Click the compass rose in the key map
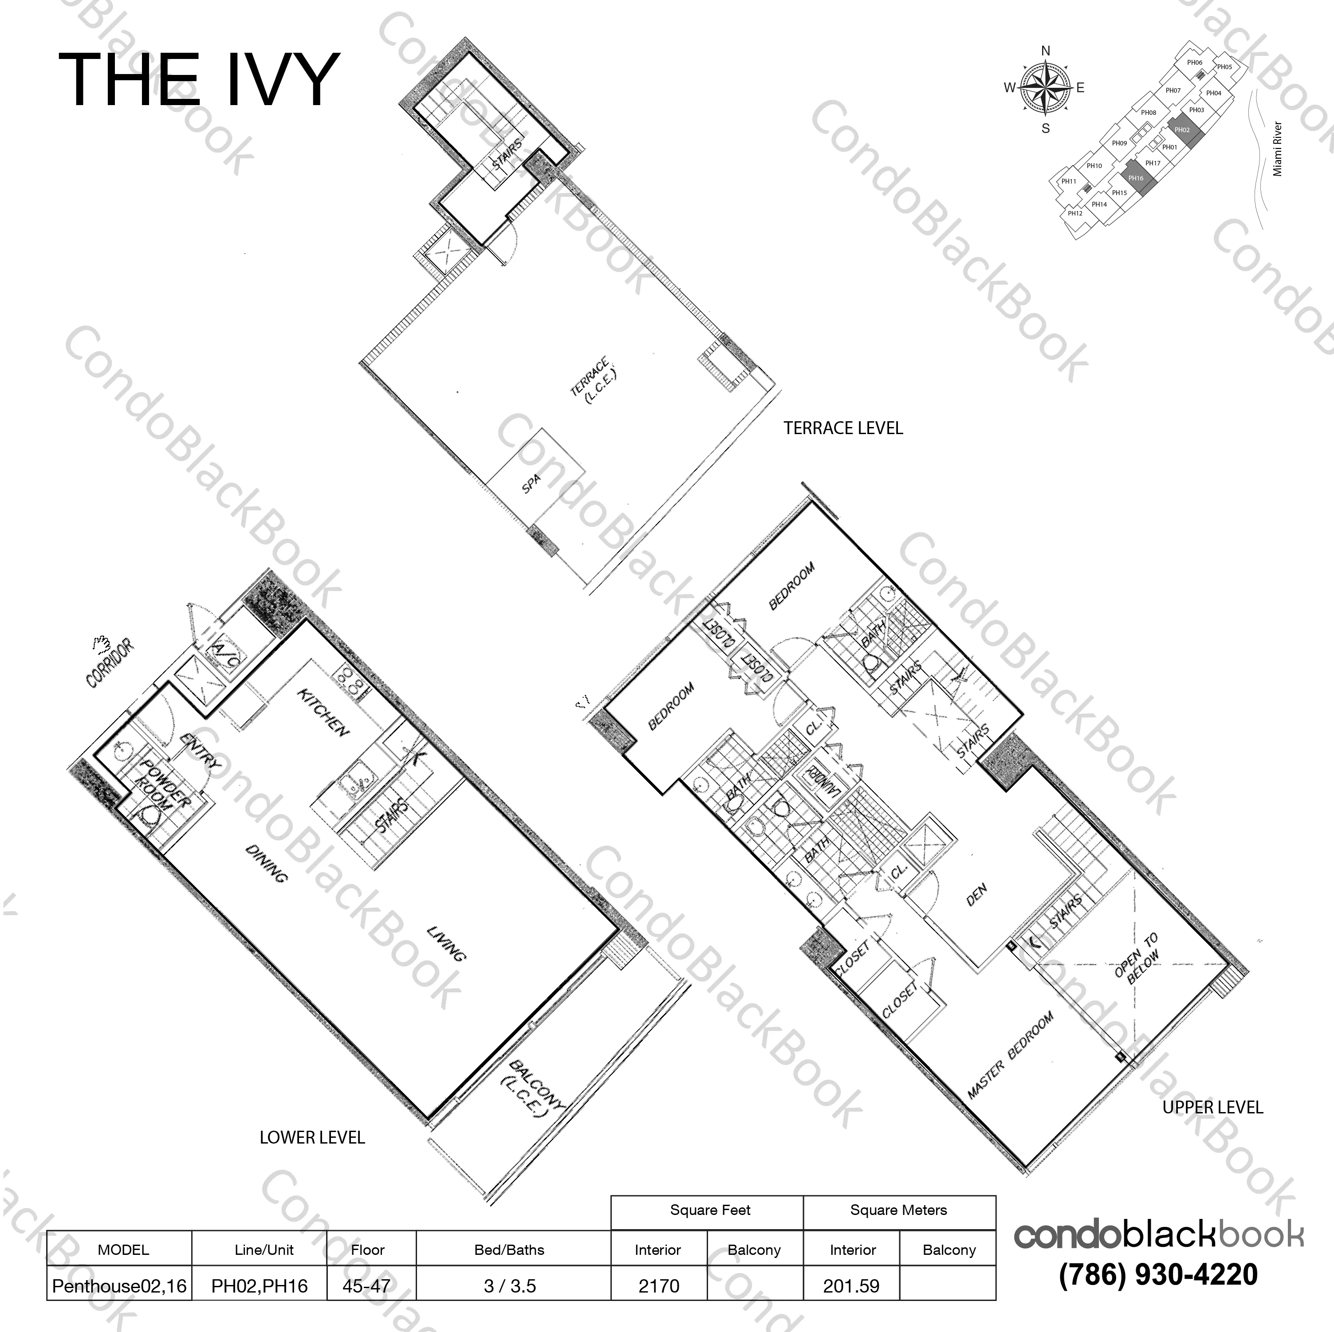1045,88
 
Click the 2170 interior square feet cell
659,1286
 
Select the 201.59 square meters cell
851,1286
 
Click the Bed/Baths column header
510,1250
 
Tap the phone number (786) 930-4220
1158,1275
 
